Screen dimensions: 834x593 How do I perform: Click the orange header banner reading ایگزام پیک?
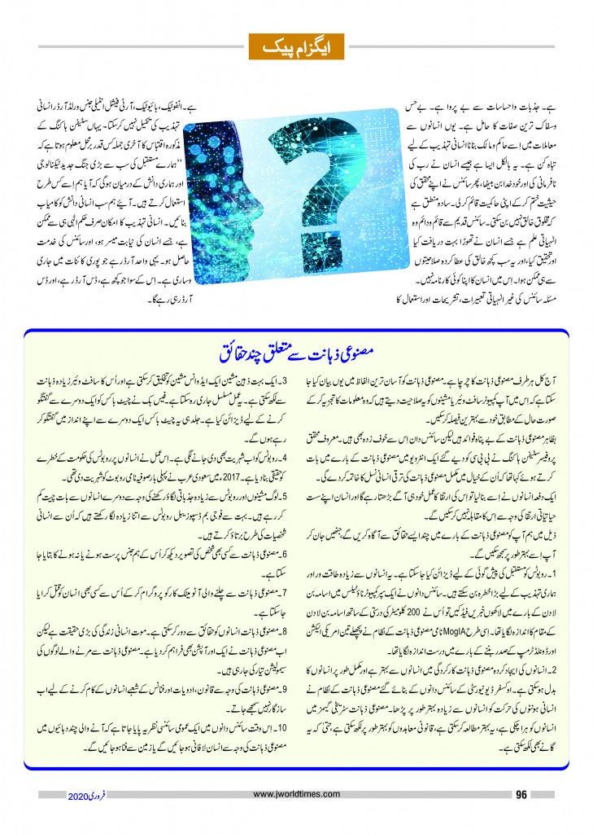pos(297,46)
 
